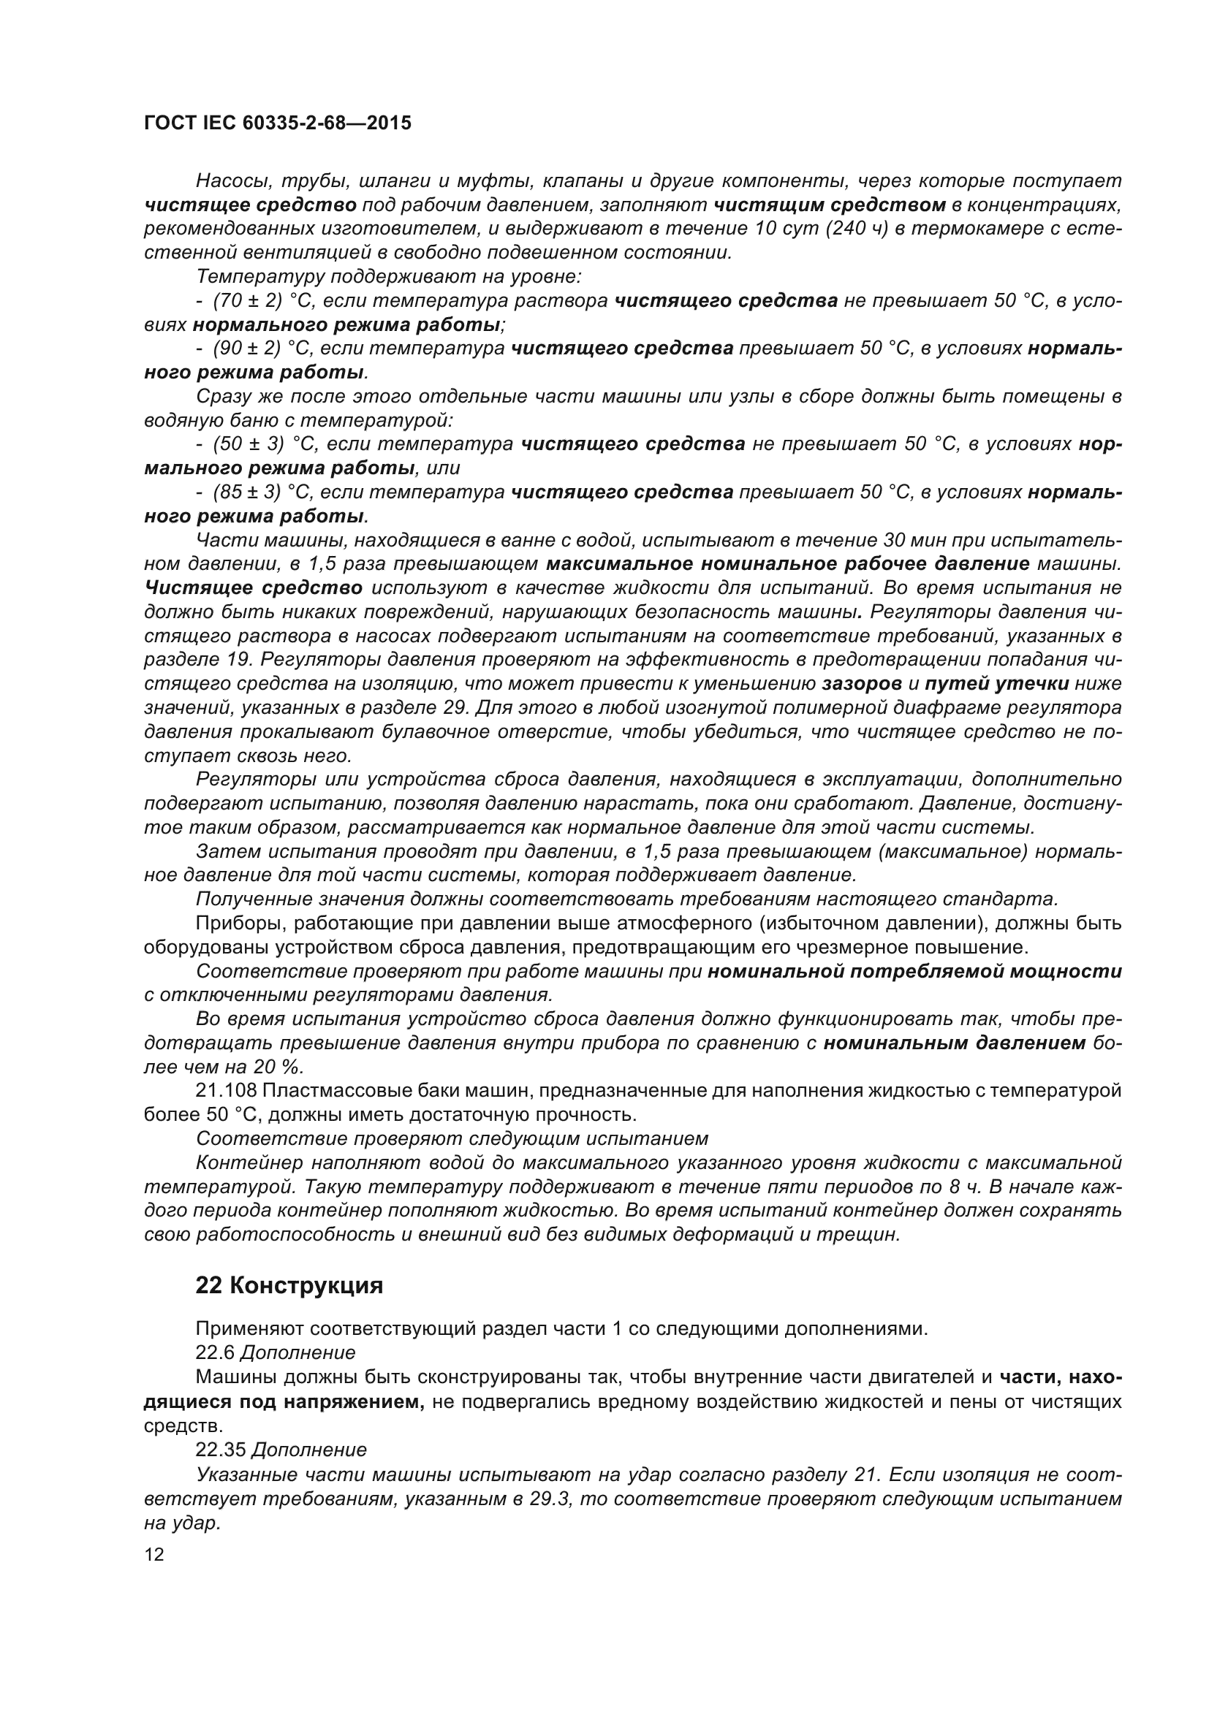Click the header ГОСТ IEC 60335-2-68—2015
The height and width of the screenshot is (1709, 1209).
point(277,123)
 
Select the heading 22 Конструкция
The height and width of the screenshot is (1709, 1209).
point(289,1285)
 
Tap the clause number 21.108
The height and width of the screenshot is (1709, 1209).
point(226,1091)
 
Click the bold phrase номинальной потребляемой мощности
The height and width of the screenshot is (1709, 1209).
point(915,971)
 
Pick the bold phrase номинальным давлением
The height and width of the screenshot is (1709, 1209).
point(955,1043)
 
